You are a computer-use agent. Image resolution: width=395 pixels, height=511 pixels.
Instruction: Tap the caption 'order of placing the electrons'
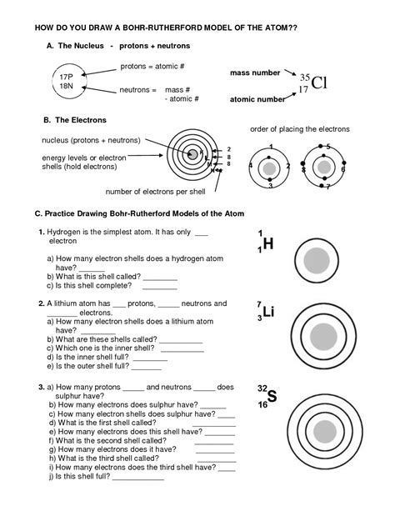pyautogui.click(x=300, y=129)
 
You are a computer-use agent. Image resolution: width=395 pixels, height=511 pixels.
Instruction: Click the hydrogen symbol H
pyautogui.click(x=267, y=244)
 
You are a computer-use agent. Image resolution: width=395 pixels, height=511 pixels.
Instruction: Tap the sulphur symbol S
pyautogui.click(x=271, y=395)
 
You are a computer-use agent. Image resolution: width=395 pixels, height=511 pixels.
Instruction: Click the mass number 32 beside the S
pyautogui.click(x=262, y=388)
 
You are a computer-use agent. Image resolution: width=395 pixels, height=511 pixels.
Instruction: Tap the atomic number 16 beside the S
pyautogui.click(x=262, y=404)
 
